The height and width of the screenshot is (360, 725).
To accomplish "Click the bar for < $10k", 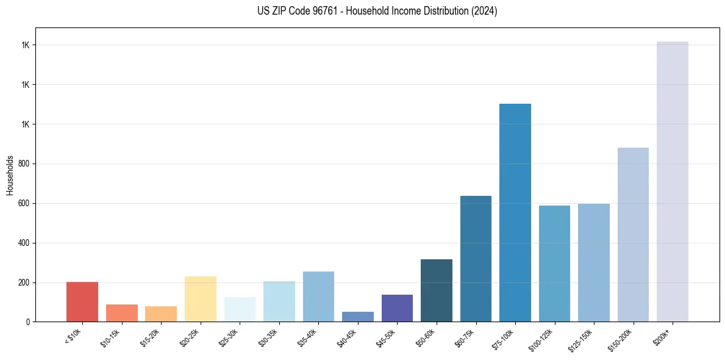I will point(82,301).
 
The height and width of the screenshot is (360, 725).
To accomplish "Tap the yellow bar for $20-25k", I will point(201,299).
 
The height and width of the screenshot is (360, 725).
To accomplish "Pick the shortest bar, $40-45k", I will point(358,317).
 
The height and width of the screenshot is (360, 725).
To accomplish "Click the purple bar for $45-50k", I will point(397,308).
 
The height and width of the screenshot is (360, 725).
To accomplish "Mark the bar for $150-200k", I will point(633,234).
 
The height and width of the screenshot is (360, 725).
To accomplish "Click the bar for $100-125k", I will point(554,264).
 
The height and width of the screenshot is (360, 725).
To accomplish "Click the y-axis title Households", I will point(10,175).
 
